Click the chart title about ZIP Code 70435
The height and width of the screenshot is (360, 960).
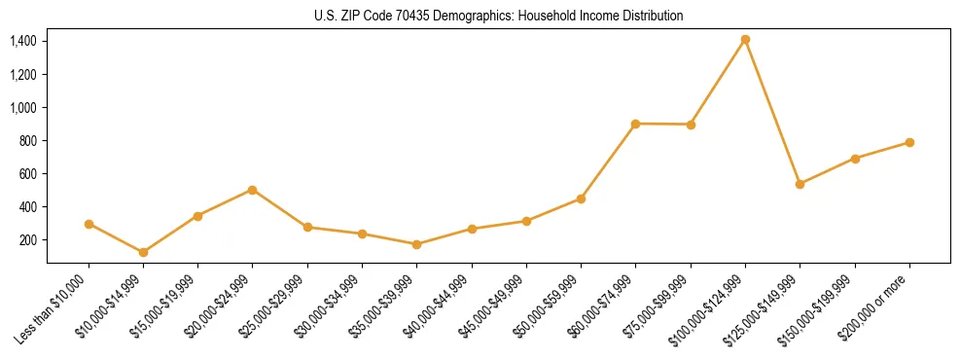498,16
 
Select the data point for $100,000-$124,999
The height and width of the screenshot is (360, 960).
745,40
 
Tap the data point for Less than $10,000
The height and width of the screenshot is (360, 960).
89,224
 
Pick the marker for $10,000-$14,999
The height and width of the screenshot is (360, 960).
143,252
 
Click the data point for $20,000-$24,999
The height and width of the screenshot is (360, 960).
253,190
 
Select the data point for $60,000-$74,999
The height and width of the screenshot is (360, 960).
635,124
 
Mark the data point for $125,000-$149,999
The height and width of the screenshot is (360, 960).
800,184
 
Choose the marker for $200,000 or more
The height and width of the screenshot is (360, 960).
909,142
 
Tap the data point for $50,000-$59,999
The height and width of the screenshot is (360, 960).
581,198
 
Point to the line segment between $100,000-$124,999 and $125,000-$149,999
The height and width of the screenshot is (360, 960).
772,112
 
